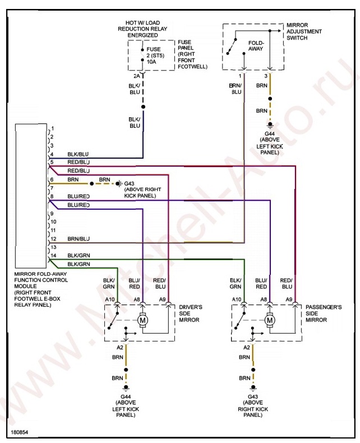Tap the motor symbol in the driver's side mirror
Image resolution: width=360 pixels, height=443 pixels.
[142, 320]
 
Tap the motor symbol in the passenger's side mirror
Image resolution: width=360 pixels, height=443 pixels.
[270, 320]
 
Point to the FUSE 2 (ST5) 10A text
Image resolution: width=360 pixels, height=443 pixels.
[153, 55]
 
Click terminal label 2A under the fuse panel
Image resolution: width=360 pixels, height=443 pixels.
[136, 75]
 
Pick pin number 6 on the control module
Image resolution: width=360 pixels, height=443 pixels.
[52, 179]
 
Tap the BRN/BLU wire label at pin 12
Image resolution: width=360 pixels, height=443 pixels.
[79, 239]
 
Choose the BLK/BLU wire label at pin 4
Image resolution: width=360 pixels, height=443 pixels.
[79, 154]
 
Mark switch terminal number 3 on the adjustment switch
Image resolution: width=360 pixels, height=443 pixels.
[266, 75]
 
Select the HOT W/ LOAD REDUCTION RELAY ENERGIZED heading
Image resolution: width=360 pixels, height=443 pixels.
[142, 29]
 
